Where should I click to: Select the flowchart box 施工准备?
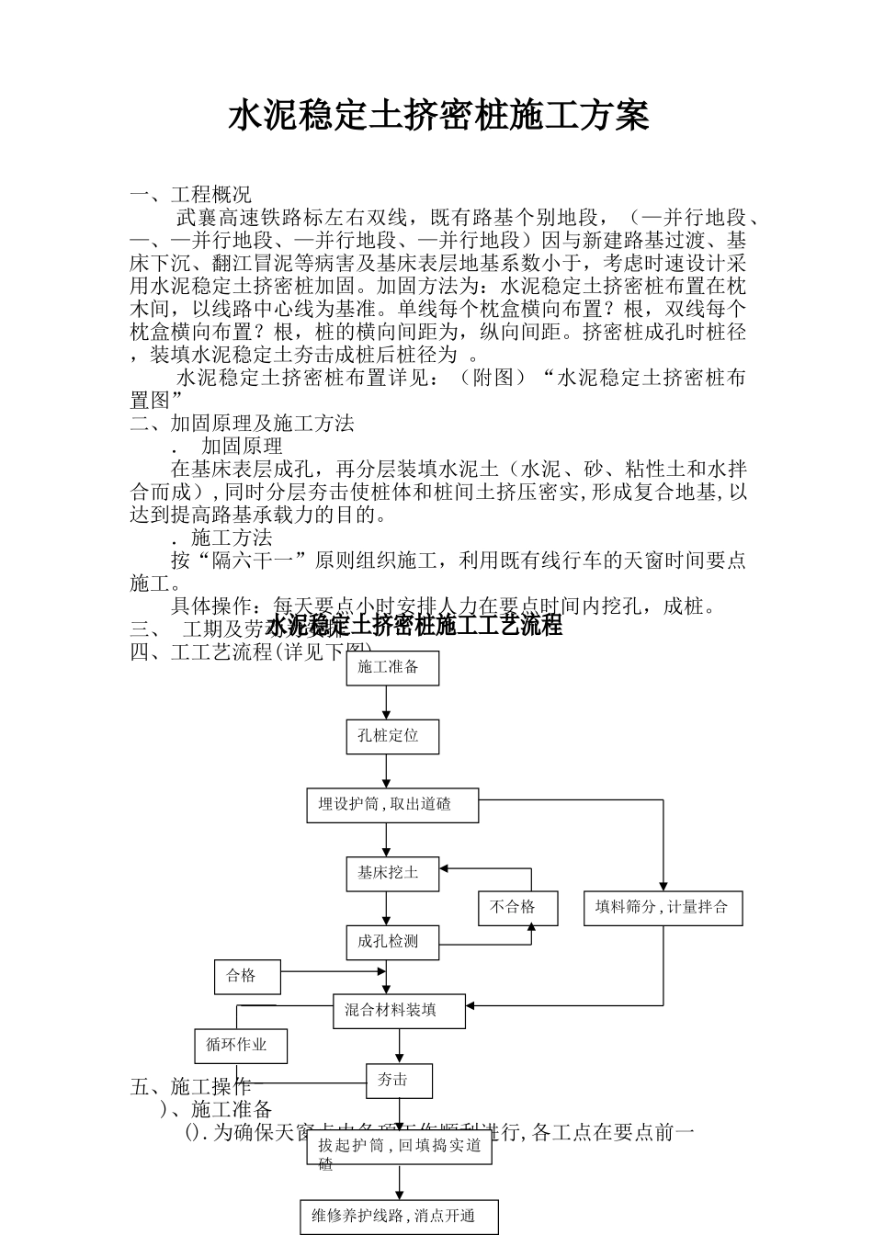tap(392, 667)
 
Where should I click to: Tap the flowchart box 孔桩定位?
tap(392, 736)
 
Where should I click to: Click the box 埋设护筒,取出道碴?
tap(392, 804)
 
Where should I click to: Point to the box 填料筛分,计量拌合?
tap(663, 908)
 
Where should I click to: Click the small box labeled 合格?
tap(246, 976)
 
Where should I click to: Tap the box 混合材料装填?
tap(398, 1011)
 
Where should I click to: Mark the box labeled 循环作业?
tap(241, 1045)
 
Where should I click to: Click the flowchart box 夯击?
tap(399, 1081)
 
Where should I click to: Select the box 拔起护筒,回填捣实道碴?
tap(399, 1149)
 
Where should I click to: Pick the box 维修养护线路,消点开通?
tap(399, 1217)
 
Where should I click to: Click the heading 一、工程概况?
tap(190, 195)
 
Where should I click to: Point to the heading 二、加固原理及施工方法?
tap(243, 424)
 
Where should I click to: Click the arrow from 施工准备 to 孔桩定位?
tap(386, 703)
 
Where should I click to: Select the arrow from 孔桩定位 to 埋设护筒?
tap(386, 771)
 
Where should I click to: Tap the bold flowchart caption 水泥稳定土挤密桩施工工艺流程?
tap(414, 628)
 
